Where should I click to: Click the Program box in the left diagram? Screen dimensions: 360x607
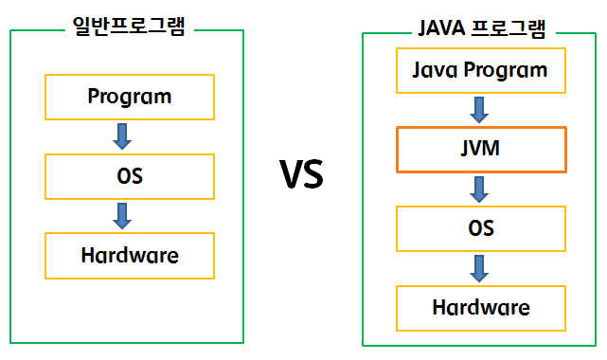pos(130,96)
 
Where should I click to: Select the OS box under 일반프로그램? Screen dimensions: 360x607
pos(130,175)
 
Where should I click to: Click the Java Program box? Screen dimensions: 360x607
pos(481,70)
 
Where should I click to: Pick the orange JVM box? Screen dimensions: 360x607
pos(481,150)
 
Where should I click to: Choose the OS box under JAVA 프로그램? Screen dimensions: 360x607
pos(481,228)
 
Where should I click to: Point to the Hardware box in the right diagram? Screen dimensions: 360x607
pos(481,307)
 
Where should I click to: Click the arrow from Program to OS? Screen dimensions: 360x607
pos(122,135)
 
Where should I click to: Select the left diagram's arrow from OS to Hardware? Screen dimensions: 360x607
pos(122,215)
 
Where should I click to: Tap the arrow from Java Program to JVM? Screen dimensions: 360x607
pos(481,110)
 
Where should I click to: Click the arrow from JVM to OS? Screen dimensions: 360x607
pos(481,189)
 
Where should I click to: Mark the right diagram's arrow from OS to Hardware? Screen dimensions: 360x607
pos(481,268)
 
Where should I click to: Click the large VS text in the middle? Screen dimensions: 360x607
pos(301,174)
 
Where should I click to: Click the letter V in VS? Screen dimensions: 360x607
pos(289,174)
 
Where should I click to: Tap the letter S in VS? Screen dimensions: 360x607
pos(313,174)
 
